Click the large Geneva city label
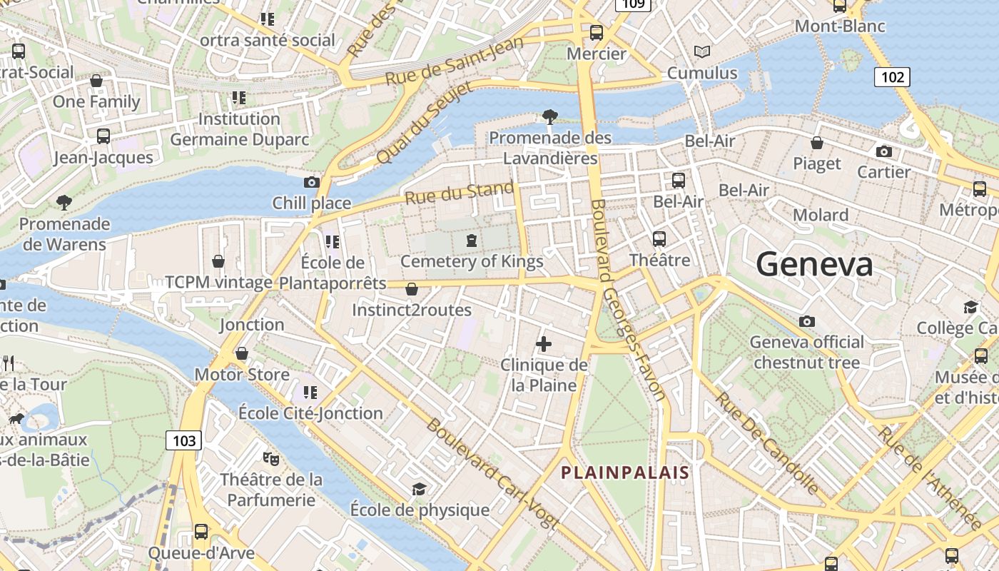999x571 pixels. (814, 264)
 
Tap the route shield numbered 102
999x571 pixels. (892, 77)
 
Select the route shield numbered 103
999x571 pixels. (184, 440)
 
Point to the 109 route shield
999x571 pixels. (632, 4)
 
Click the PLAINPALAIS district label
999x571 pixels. (625, 473)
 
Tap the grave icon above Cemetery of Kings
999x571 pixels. (471, 241)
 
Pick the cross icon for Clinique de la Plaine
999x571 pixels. (544, 345)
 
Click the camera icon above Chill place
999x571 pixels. (311, 183)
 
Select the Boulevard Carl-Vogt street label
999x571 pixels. (492, 473)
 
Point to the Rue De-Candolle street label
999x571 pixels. (767, 443)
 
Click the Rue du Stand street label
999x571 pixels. (460, 193)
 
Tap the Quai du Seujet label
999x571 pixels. (424, 123)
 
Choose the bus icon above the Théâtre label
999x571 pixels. (659, 239)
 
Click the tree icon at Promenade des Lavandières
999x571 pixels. (550, 116)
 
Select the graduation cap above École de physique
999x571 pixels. (419, 489)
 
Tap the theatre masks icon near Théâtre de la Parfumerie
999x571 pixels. (270, 458)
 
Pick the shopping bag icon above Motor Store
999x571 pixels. (242, 354)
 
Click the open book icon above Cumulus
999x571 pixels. (702, 52)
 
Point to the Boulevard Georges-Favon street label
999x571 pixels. (627, 300)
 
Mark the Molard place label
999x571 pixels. (821, 215)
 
